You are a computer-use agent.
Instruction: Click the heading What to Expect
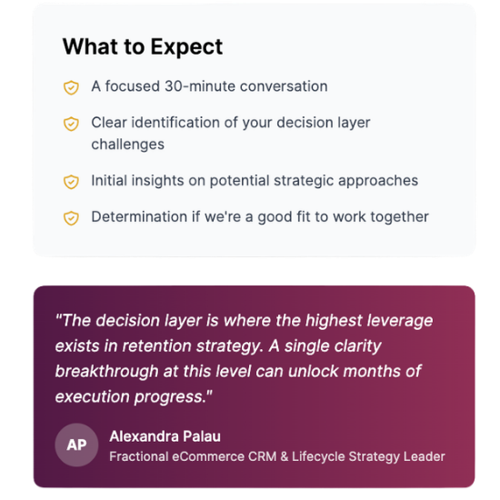[142, 47]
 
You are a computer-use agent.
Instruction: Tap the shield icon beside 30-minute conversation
[71, 87]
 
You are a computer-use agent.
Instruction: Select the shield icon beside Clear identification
[71, 123]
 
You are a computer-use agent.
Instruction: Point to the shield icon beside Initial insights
[71, 181]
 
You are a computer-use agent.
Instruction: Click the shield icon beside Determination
[71, 217]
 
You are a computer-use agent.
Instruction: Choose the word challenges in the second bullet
[127, 144]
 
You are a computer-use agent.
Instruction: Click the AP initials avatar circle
[76, 445]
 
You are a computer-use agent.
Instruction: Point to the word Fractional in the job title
[142, 456]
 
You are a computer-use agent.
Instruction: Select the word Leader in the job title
[425, 456]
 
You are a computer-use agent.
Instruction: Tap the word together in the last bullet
[395, 216]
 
